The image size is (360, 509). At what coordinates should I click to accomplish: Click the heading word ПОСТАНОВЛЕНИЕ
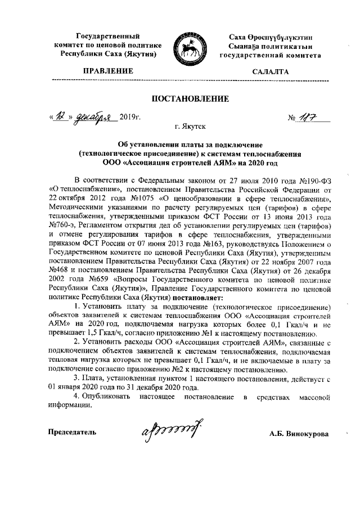(x=179, y=100)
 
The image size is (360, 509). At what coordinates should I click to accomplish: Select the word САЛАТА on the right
(x=271, y=71)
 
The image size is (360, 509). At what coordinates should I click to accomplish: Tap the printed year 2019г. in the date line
(x=130, y=118)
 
